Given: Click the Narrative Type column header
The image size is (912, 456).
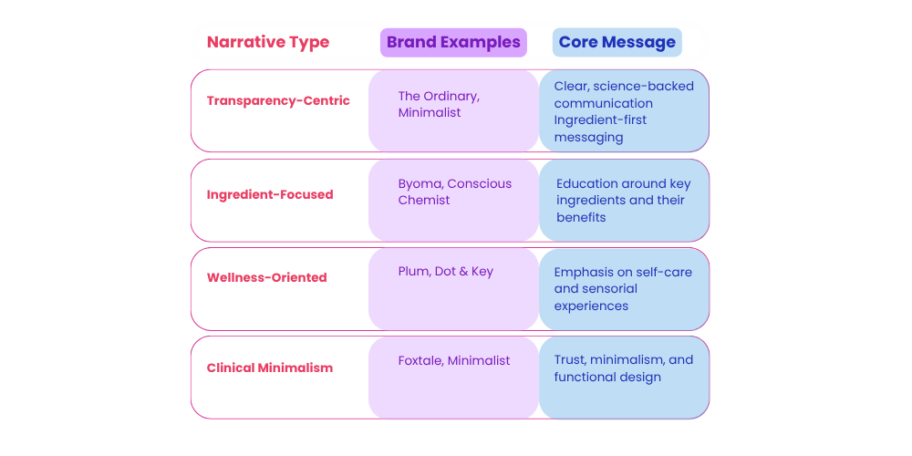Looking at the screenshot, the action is pos(268,43).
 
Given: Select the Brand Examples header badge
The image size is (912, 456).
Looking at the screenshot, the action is pos(453,43).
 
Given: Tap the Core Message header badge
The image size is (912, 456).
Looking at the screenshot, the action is pos(617,43).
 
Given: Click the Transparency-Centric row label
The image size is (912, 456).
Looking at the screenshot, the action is pos(278,100).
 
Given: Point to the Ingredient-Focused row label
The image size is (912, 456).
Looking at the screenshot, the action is pos(270,194).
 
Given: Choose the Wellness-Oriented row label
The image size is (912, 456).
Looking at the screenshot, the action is pos(267,277).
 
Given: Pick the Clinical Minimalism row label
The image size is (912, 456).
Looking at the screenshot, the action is pos(270,368).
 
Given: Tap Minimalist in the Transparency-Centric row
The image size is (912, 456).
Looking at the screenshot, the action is pos(430,112).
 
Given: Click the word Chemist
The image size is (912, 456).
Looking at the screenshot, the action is pos(424,200).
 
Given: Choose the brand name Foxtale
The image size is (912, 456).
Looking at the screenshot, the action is pos(420,360).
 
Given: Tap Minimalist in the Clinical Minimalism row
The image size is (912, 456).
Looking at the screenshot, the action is pos(479,360).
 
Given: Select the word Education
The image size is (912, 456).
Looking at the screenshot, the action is pos(586,184).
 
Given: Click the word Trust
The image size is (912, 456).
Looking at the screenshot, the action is pos(567,360).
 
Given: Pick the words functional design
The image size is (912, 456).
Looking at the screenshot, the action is pos(607,377).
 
